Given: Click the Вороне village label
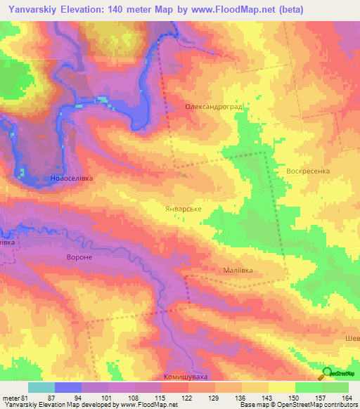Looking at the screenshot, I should coord(77,257).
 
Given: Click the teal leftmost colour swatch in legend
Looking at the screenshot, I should coord(41,387).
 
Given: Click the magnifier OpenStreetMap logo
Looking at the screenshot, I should coord(327,374).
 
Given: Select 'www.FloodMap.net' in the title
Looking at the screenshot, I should coord(247,9).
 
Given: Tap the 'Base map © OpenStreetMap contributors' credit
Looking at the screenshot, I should coord(296,405).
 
